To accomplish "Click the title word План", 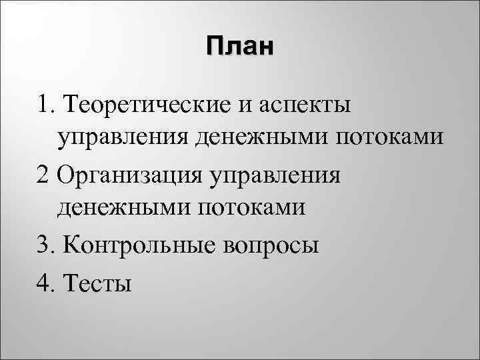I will coord(240,47).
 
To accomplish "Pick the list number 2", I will coord(45,175).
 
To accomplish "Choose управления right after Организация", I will coord(275,177).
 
